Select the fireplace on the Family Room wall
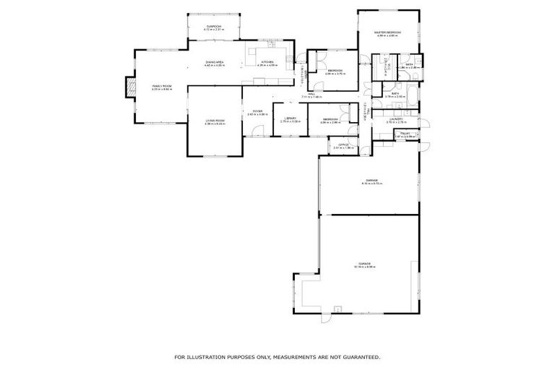pos(129,87)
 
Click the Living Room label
pos(215,122)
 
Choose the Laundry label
pos(395,121)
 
